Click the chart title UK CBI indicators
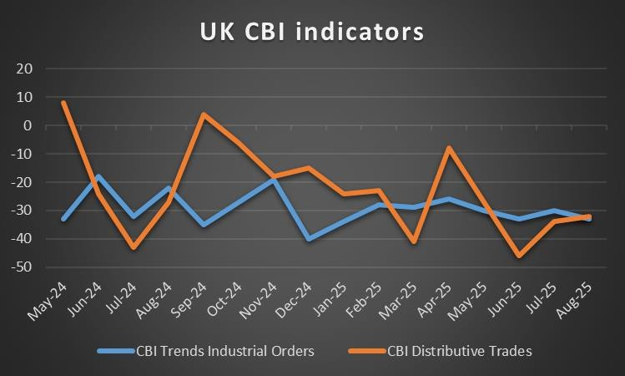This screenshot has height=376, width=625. pyautogui.click(x=311, y=32)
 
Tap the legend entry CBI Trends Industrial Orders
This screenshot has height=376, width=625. pyautogui.click(x=224, y=351)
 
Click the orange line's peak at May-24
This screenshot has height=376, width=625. pyautogui.click(x=63, y=103)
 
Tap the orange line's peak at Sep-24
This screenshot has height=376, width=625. pyautogui.click(x=204, y=114)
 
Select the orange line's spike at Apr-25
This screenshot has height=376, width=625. pyautogui.click(x=449, y=148)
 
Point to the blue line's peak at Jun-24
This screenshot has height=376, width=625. pyautogui.click(x=98, y=176)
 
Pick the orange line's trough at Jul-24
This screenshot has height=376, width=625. pyautogui.click(x=134, y=247)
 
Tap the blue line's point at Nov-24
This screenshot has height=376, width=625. pyautogui.click(x=275, y=180)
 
